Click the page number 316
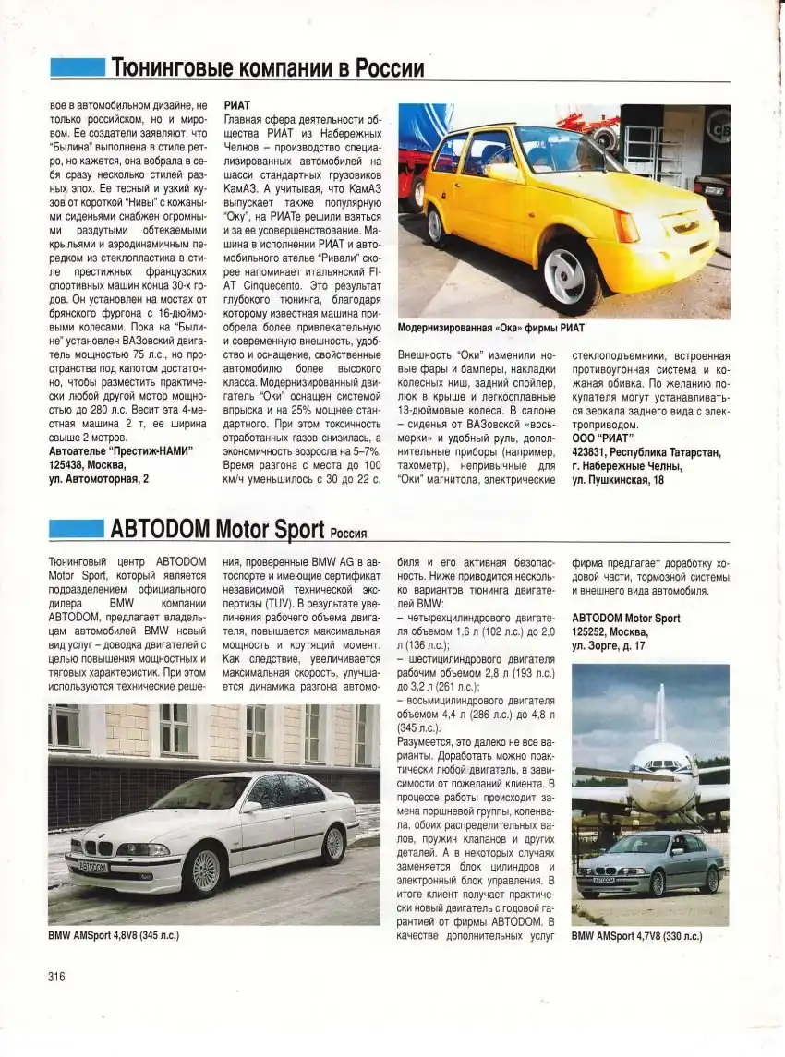click(57, 978)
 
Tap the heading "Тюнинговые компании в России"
click(268, 68)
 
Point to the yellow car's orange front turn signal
click(627, 226)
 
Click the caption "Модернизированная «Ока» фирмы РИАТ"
click(490, 328)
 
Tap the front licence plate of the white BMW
click(93, 866)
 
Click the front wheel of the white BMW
click(205, 870)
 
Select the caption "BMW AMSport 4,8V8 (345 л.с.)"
click(114, 935)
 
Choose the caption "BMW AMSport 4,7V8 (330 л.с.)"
click(636, 935)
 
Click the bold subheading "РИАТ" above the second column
click(237, 106)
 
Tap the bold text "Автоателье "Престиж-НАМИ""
click(121, 451)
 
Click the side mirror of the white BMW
click(248, 807)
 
